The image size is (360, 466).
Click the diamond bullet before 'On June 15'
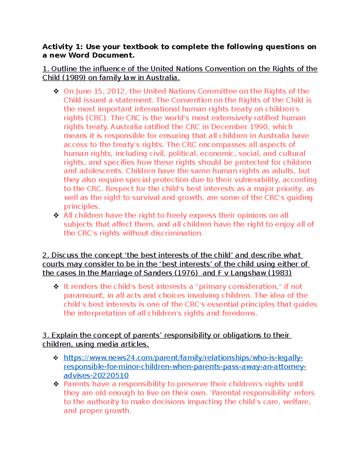tap(56, 91)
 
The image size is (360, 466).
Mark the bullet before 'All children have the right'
tap(56, 215)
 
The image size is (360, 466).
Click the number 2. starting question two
tap(46, 255)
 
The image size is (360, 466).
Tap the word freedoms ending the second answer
tap(239, 313)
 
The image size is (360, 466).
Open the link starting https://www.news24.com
tap(183, 358)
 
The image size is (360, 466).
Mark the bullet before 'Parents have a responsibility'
tap(56, 384)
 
